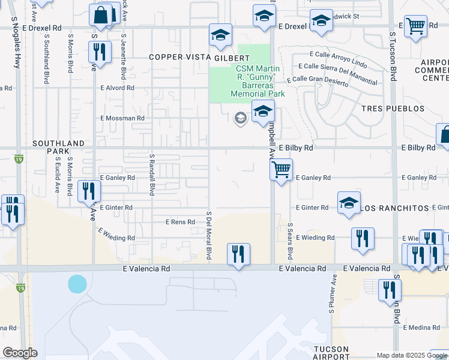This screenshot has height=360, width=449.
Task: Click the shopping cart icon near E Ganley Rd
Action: (x=280, y=170)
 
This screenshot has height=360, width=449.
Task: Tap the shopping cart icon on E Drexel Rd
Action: (x=415, y=26)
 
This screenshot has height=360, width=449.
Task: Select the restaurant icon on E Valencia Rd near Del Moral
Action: (x=238, y=254)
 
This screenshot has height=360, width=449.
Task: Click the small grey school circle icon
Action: (x=240, y=118)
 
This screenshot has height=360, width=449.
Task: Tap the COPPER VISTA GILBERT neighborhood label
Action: (x=199, y=58)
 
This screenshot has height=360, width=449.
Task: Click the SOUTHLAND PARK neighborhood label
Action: (x=59, y=147)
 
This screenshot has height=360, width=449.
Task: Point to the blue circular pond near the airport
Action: (x=77, y=283)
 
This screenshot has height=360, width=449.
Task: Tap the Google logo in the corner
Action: (x=20, y=352)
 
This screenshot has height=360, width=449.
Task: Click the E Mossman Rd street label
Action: (x=123, y=118)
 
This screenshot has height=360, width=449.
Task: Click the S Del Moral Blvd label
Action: (x=208, y=235)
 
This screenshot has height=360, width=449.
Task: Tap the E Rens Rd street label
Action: (x=181, y=222)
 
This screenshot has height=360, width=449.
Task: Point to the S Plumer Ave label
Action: (x=331, y=295)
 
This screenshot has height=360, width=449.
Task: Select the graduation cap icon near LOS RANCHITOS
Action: (x=349, y=203)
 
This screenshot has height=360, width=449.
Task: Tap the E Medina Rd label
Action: (x=422, y=328)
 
